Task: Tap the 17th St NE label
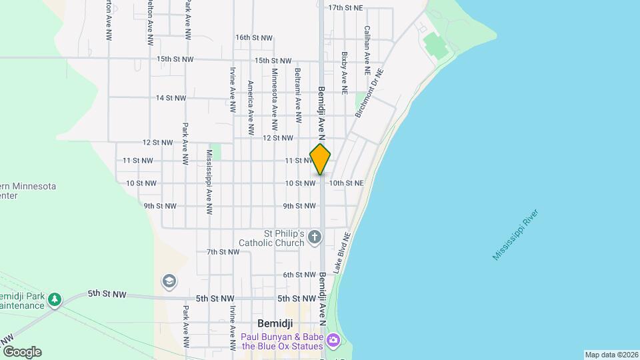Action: [x=345, y=8]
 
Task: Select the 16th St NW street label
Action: [x=254, y=38]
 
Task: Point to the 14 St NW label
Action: [x=171, y=98]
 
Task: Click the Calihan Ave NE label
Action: [x=367, y=50]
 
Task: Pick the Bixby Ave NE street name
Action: [x=345, y=73]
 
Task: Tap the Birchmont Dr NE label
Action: [x=370, y=93]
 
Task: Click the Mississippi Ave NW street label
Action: [x=209, y=173]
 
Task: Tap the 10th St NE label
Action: [x=346, y=183]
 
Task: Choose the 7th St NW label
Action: [x=223, y=252]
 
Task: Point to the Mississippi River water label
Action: [x=515, y=235]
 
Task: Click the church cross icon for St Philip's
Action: [x=315, y=237]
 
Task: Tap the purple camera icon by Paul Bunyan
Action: [x=333, y=342]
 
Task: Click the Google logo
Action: [x=21, y=352]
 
